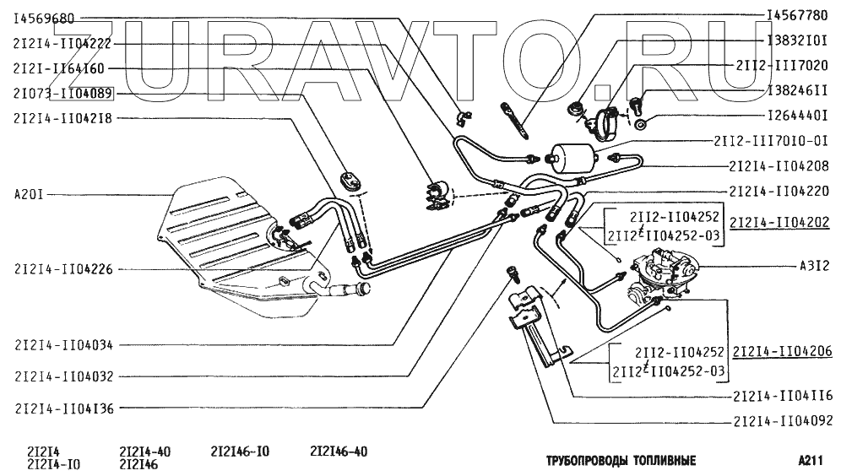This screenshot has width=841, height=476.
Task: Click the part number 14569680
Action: (x=44, y=19)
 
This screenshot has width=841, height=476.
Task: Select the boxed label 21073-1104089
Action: (x=63, y=95)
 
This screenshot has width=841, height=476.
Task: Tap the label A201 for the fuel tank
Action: (x=29, y=194)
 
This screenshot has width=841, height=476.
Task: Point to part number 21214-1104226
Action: (x=64, y=269)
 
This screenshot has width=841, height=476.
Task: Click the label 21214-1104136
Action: (x=64, y=408)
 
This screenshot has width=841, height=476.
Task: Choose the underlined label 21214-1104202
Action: (x=779, y=222)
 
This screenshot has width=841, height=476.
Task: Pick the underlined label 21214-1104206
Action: (x=783, y=351)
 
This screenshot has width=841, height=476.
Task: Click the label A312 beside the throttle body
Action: (x=814, y=266)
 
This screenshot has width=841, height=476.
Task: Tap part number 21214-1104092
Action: (x=783, y=421)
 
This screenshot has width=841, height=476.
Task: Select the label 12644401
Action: (x=798, y=116)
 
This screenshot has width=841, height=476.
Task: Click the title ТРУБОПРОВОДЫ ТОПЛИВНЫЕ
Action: (x=621, y=461)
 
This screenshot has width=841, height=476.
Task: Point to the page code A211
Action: (x=810, y=461)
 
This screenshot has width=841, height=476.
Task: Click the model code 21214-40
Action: (x=145, y=452)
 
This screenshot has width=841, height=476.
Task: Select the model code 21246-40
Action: (x=339, y=452)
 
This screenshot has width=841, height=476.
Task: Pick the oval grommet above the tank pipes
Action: (x=350, y=180)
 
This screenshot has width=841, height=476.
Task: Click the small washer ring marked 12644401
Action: (x=639, y=126)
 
